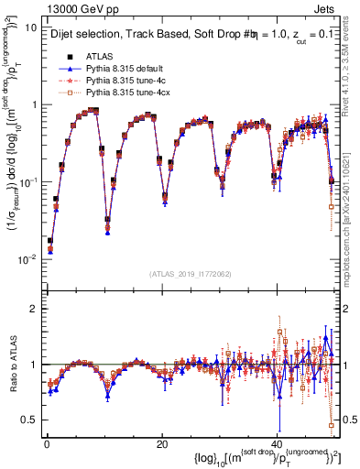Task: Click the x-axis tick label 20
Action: point(161,443)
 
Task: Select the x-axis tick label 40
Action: point(276,443)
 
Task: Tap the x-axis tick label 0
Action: point(47,443)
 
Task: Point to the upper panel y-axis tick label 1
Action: point(34,104)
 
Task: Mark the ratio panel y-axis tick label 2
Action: point(34,308)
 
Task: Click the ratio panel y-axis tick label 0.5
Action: point(29,420)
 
